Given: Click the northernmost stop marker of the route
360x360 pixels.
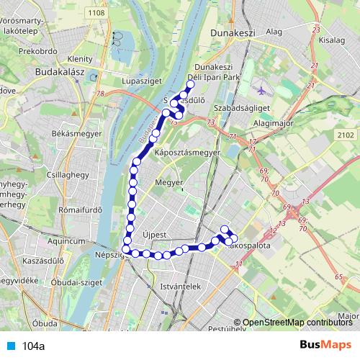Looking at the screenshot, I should coord(191,85).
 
